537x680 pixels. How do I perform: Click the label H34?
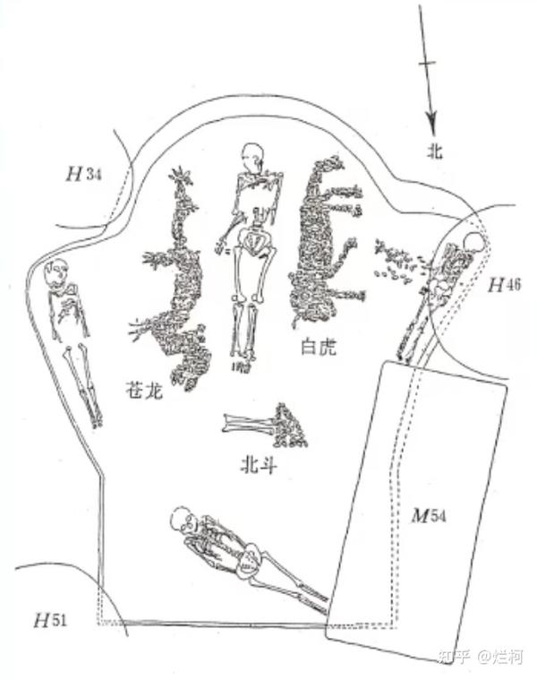click(83, 175)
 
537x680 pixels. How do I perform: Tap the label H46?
click(505, 286)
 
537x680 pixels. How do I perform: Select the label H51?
click(51, 620)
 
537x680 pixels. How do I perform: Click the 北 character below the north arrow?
click(435, 151)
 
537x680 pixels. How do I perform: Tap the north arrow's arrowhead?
click(431, 125)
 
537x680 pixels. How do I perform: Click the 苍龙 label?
click(144, 390)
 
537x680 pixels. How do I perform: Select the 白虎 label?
click(319, 347)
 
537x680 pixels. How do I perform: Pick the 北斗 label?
click(259, 466)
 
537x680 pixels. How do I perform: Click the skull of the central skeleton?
click(252, 157)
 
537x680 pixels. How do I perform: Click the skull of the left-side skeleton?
click(56, 272)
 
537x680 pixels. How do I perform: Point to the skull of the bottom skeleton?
click(183, 519)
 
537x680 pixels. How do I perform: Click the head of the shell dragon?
click(182, 177)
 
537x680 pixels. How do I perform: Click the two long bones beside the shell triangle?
click(248, 424)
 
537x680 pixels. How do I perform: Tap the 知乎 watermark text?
click(454, 657)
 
